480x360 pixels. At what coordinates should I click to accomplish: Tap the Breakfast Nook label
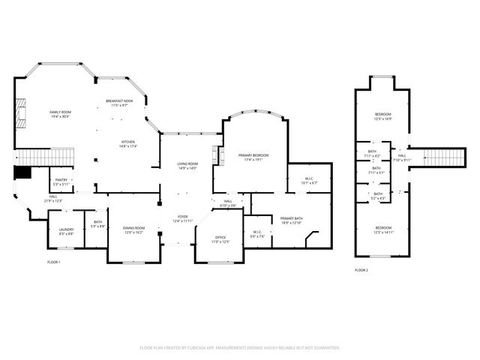[119, 103]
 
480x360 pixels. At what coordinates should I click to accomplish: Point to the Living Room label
[187, 166]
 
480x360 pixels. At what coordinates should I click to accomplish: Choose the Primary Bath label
[290, 220]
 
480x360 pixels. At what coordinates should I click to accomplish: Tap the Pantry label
[61, 182]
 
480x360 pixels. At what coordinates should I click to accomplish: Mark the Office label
[220, 239]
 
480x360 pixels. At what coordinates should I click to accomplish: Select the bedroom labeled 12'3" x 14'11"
[383, 229]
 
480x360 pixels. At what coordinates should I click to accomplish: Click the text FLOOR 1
[53, 262]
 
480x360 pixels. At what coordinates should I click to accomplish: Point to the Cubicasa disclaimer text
[240, 348]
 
